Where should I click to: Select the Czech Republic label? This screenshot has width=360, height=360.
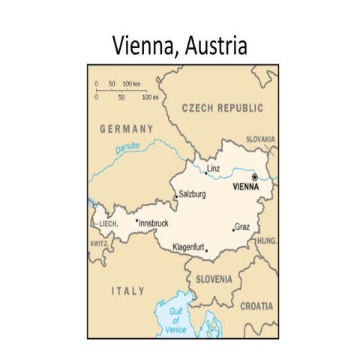[x=223, y=108]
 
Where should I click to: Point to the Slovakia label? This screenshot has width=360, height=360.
[x=260, y=139]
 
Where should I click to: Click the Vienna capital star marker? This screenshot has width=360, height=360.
[x=254, y=177]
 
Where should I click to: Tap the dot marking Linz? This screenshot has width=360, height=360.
[x=206, y=173]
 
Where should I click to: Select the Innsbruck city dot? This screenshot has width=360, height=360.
[x=136, y=220]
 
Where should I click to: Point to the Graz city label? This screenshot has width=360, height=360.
[x=242, y=226]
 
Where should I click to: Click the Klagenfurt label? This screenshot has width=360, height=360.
[x=187, y=247]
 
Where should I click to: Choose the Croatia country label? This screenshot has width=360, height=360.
[x=256, y=306]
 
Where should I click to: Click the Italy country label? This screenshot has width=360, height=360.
[x=127, y=290]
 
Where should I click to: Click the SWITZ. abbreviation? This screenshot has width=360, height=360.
[x=98, y=243]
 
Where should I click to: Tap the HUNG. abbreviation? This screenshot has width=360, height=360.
[x=266, y=241]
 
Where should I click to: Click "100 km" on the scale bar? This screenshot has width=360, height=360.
[x=131, y=82]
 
